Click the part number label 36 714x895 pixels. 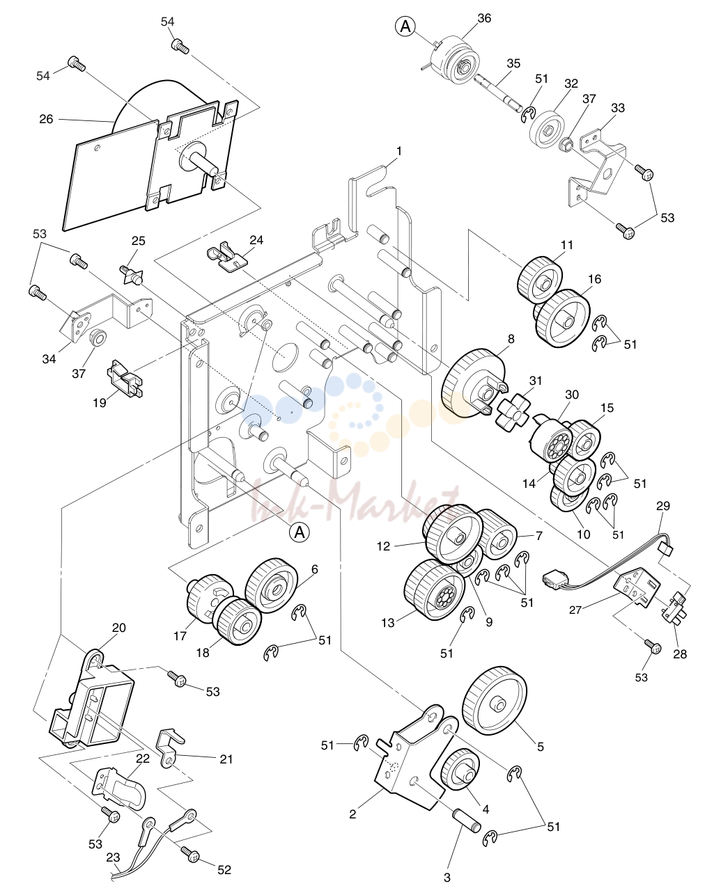click(484, 18)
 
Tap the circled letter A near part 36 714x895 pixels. click(405, 26)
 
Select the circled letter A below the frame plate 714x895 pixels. click(300, 533)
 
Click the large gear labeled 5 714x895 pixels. click(494, 702)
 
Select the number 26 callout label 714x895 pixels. click(46, 120)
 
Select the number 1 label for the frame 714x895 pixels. click(399, 152)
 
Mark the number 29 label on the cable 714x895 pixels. click(663, 506)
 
